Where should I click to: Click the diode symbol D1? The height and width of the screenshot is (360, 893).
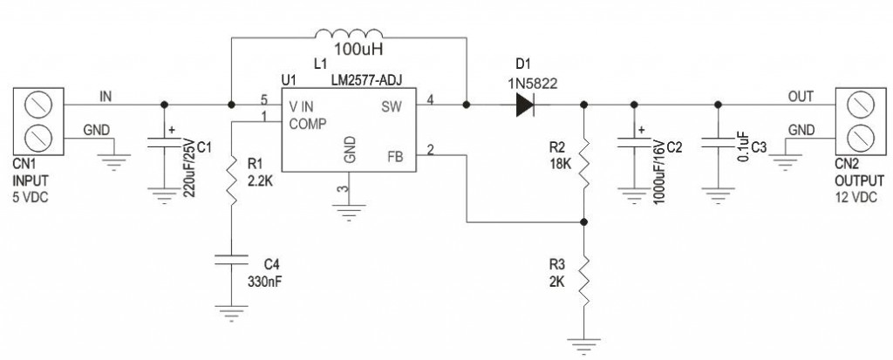[524, 105]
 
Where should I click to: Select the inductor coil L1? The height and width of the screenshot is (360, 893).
[349, 34]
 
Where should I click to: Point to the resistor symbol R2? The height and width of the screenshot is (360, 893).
[584, 160]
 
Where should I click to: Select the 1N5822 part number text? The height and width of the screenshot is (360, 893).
[533, 84]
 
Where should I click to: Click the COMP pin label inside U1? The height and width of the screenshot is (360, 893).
[308, 124]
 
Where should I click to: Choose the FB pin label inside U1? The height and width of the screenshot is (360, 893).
[394, 155]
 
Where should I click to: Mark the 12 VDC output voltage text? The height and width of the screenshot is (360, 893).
[856, 197]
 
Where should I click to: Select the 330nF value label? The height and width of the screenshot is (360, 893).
[263, 281]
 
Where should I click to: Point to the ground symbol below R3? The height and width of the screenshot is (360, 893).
[584, 343]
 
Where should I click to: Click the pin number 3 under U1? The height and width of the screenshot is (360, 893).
[342, 191]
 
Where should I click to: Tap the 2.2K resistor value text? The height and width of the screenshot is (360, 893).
[260, 182]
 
